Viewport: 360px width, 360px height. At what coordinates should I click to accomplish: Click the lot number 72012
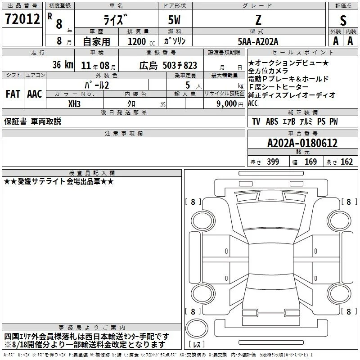pyautogui.click(x=22, y=19)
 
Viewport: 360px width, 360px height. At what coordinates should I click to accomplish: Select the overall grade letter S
pyautogui.click(x=343, y=20)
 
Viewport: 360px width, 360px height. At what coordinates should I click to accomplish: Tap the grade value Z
pyautogui.click(x=258, y=20)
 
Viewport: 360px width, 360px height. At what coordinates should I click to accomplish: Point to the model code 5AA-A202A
pyautogui.click(x=258, y=41)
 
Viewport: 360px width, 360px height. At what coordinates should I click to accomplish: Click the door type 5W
pyautogui.click(x=174, y=20)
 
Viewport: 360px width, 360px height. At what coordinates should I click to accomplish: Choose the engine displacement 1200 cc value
pyautogui.click(x=141, y=41)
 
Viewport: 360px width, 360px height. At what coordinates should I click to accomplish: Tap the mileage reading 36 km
pyautogui.click(x=63, y=65)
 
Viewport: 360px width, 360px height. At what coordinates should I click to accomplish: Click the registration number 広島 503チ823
pyautogui.click(x=168, y=66)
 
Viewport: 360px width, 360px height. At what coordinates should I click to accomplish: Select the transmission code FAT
pyautogui.click(x=13, y=94)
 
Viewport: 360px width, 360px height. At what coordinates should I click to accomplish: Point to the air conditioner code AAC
pyautogui.click(x=35, y=94)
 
